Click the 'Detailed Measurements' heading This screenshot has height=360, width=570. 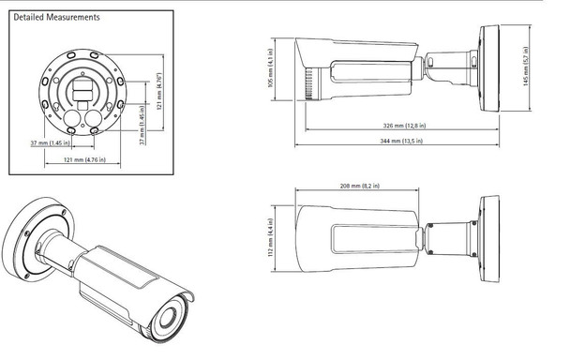[x=52, y=17]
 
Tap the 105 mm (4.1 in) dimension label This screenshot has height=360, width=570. [x=272, y=67]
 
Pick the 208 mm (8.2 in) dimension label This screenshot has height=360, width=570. [x=354, y=187]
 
